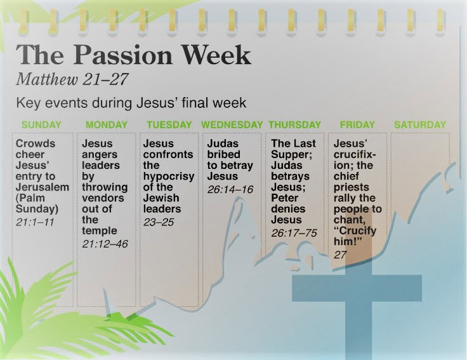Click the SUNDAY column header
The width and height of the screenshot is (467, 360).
point(41,124)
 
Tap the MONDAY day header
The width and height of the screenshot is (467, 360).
point(107,124)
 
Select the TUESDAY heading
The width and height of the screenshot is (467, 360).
point(169,124)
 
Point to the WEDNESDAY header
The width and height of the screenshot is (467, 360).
point(232,124)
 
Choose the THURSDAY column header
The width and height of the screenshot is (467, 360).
point(295,124)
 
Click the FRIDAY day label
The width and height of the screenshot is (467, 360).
point(357,124)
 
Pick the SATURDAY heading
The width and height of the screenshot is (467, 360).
point(420,124)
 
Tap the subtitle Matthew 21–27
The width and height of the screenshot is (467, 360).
point(72,79)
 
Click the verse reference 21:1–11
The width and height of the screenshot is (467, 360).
point(35,222)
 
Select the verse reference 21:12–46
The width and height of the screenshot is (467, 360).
point(105,244)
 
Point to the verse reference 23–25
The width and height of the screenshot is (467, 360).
point(159,222)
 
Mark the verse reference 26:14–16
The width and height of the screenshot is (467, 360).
point(230,189)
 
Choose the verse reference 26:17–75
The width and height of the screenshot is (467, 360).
point(294,233)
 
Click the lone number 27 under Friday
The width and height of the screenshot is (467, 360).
point(340,255)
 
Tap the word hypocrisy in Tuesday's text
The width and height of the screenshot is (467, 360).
point(169,177)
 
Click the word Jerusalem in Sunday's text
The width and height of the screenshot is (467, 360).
point(43,187)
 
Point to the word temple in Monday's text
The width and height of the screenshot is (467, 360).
point(100,231)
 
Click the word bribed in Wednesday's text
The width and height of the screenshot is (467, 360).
point(224,154)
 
